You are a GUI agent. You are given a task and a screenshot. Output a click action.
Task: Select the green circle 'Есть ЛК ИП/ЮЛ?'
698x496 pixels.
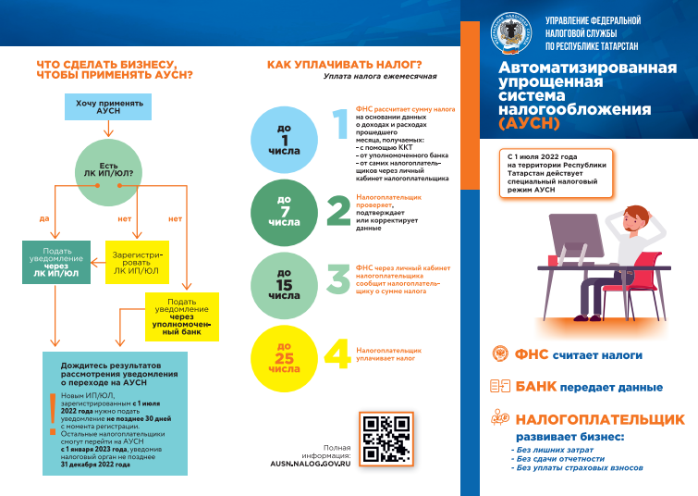[109, 171]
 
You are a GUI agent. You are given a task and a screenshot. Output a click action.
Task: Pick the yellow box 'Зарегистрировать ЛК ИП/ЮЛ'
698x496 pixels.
[137, 263]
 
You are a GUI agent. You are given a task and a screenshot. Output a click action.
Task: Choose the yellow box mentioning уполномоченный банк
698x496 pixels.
[182, 317]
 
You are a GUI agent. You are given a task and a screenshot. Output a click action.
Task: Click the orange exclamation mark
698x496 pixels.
[53, 413]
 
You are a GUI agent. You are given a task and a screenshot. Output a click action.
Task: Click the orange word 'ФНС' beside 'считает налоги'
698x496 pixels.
[532, 354]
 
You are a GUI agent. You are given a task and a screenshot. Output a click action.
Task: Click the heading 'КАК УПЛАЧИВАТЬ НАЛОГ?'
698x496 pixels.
[344, 64]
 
